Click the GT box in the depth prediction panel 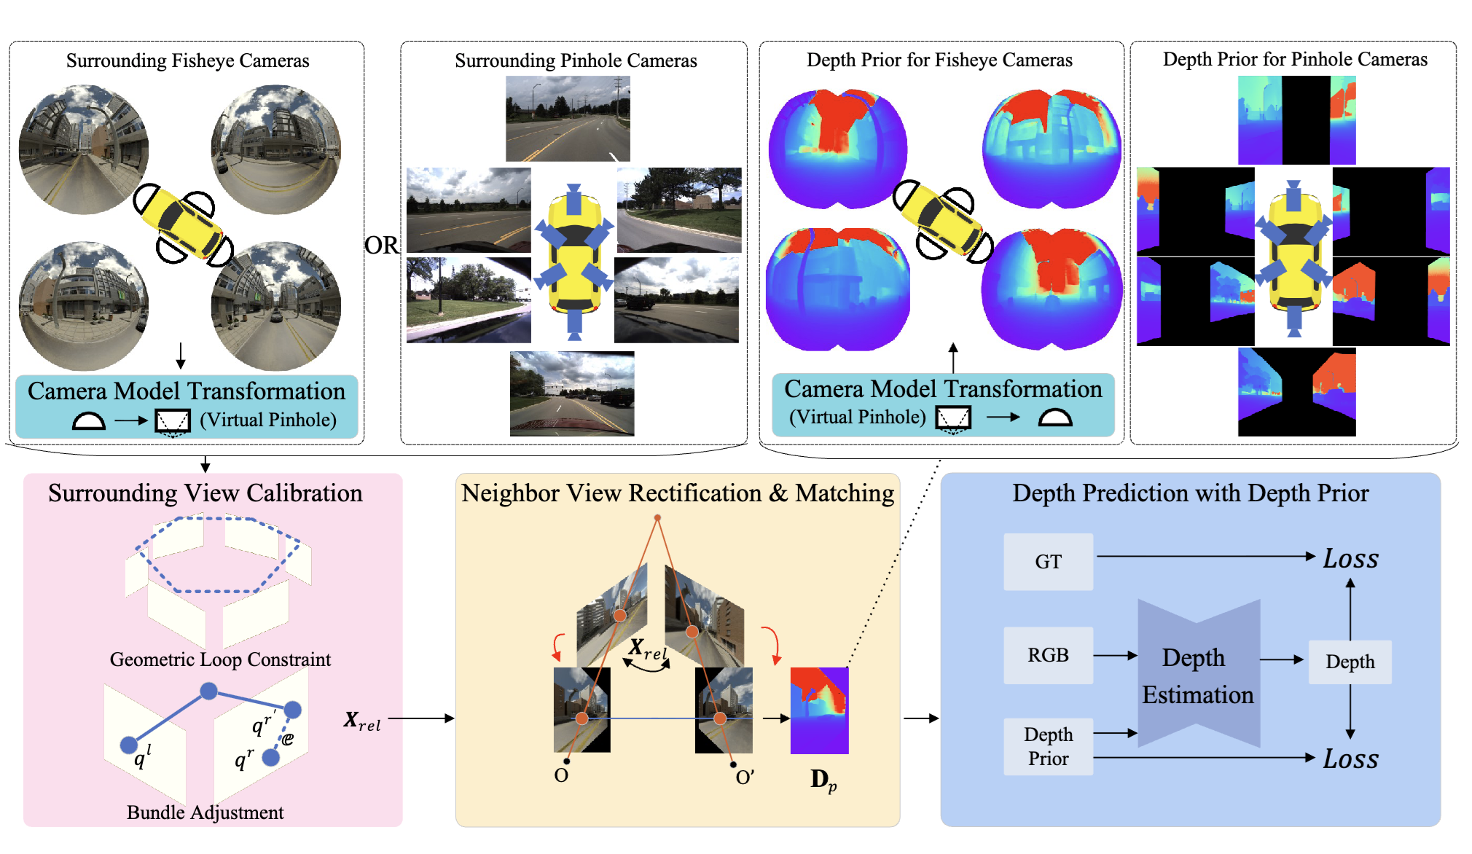tap(1048, 562)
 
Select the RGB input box tap(1048, 655)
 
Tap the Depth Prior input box tap(1048, 746)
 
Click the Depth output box tap(1350, 662)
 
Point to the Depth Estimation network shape tap(1198, 674)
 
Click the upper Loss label tap(1350, 559)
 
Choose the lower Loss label tap(1350, 759)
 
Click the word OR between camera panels tap(382, 245)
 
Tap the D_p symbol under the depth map tap(823, 780)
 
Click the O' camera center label tap(744, 777)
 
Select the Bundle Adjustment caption tap(205, 812)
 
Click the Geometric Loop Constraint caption tap(220, 659)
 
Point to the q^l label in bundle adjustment tap(143, 758)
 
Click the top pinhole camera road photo tap(568, 119)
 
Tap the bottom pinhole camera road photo tap(572, 393)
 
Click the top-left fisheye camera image tap(84, 150)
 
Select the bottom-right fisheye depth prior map tap(1052, 289)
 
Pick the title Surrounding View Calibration tap(205, 493)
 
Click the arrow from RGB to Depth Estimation tap(1115, 656)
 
